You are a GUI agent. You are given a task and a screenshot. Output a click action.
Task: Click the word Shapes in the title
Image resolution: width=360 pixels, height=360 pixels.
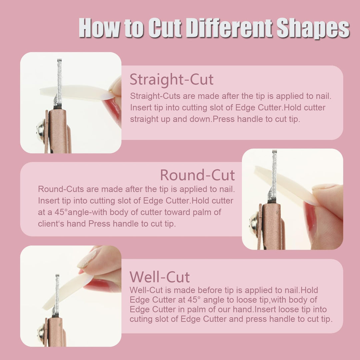313,28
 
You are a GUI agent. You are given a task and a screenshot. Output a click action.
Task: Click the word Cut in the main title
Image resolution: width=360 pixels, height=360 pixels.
165,28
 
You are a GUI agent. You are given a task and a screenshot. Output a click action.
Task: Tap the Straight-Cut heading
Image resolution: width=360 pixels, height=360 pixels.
172,79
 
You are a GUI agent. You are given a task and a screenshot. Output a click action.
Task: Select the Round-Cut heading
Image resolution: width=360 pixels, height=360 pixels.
197,175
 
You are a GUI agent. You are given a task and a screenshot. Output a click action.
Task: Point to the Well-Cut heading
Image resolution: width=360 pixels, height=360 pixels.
160,277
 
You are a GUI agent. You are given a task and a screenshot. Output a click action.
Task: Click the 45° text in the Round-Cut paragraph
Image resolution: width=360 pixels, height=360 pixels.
61,212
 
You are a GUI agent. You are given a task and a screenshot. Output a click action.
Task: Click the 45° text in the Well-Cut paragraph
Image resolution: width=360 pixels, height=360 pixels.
194,300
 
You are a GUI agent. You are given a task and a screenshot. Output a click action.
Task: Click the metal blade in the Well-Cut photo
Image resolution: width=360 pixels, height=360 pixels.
56,295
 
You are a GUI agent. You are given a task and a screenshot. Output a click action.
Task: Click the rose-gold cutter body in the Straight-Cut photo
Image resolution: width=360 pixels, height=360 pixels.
58,131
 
